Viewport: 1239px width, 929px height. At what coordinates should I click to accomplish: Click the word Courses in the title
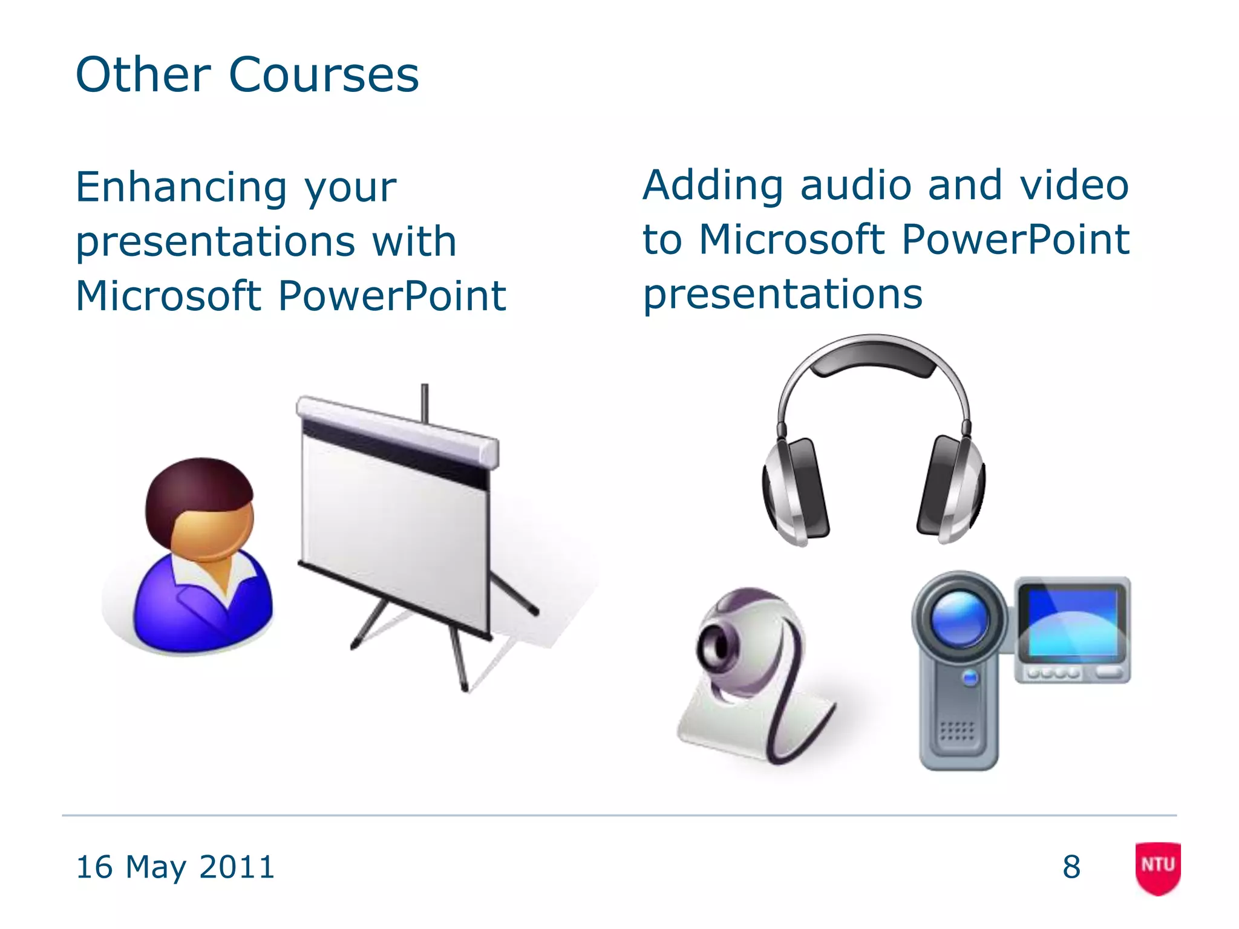[324, 75]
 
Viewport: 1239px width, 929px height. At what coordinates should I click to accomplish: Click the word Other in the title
[143, 75]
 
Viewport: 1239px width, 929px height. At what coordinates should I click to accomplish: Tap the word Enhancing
[180, 187]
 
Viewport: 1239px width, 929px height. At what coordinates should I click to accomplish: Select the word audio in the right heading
[855, 185]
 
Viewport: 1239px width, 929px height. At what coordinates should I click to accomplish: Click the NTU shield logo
[1157, 867]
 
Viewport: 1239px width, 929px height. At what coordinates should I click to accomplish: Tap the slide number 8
[1071, 867]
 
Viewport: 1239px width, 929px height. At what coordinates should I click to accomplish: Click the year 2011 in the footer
[237, 867]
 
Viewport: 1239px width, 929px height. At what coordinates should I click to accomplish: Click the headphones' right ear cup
[951, 490]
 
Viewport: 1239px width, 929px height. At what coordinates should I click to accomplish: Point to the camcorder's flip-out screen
[1072, 623]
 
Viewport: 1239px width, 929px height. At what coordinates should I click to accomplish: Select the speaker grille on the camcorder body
[957, 732]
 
